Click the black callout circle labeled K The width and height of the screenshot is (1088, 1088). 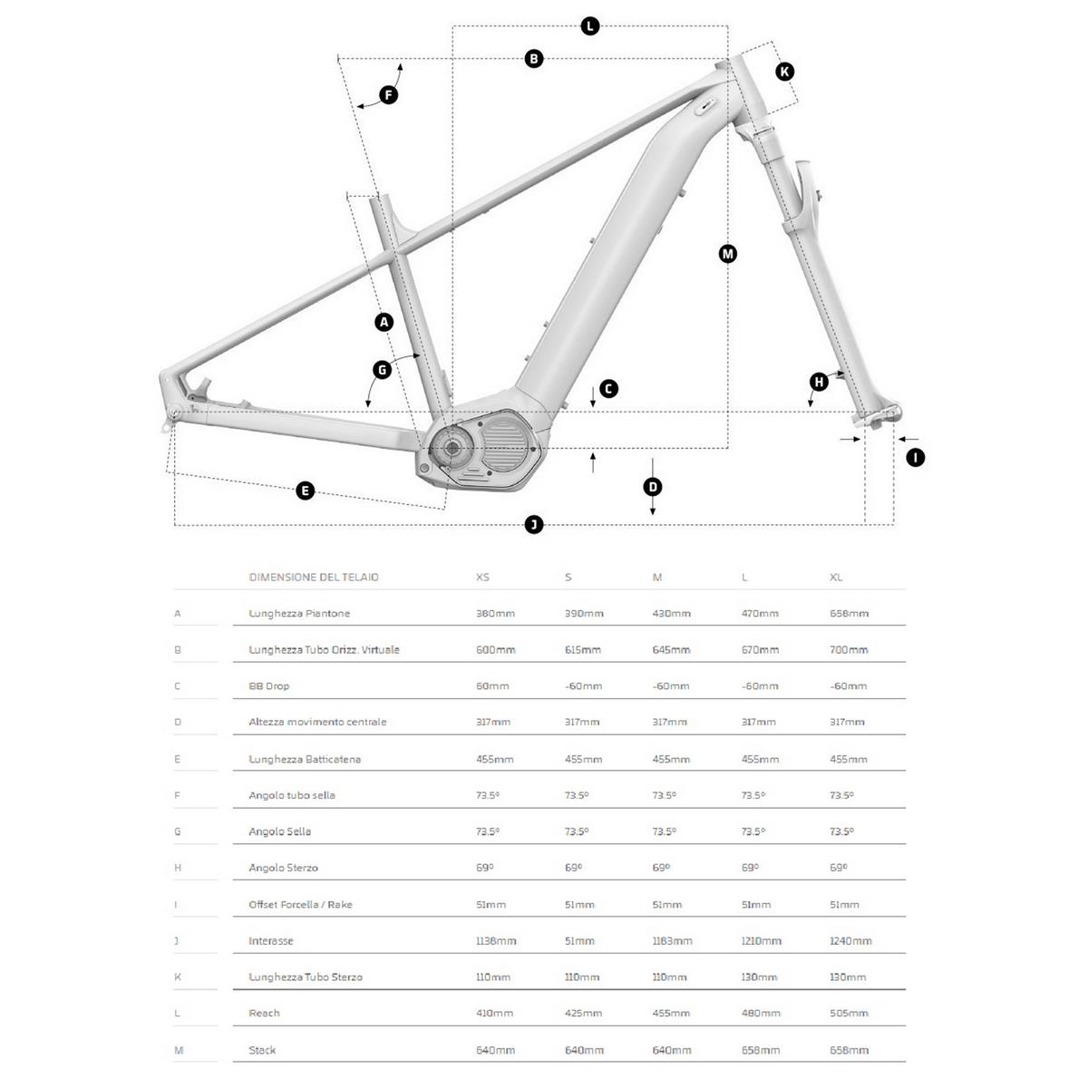pyautogui.click(x=785, y=72)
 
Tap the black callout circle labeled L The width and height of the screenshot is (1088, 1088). pyautogui.click(x=589, y=25)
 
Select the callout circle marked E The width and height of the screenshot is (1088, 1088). pyautogui.click(x=306, y=491)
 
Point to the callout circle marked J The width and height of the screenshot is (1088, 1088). pyautogui.click(x=534, y=524)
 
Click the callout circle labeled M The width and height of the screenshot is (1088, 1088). pyautogui.click(x=727, y=254)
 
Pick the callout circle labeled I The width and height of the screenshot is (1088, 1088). pyautogui.click(x=915, y=458)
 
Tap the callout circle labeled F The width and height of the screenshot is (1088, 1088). pyautogui.click(x=388, y=95)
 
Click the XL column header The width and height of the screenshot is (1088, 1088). pyautogui.click(x=836, y=578)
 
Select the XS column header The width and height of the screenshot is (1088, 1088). pyautogui.click(x=482, y=578)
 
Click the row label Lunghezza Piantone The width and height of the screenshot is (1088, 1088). pyautogui.click(x=299, y=614)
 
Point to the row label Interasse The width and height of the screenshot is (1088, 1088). pyautogui.click(x=271, y=941)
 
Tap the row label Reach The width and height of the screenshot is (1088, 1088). pyautogui.click(x=264, y=1014)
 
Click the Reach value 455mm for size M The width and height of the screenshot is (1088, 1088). pyautogui.click(x=671, y=1014)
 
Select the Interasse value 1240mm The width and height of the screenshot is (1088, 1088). pyautogui.click(x=850, y=941)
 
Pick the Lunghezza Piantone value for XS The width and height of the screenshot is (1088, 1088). pyautogui.click(x=495, y=614)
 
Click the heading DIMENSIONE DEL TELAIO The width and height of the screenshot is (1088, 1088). pyautogui.click(x=314, y=578)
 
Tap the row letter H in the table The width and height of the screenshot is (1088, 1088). pyautogui.click(x=178, y=868)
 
